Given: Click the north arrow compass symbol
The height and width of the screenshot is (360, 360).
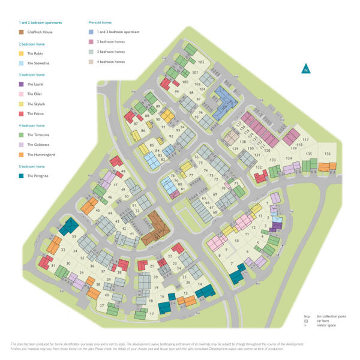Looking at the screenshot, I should click(306, 68).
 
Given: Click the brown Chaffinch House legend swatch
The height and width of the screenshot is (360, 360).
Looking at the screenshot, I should click(21, 32).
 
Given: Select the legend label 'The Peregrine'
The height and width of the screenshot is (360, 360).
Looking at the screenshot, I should click(37, 176).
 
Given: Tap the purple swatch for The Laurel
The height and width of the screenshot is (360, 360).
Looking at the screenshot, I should click(21, 85).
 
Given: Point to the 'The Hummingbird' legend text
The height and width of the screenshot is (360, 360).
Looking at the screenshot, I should click(41, 155).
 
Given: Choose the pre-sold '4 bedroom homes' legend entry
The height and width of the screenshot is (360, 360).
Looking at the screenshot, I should click(111, 62).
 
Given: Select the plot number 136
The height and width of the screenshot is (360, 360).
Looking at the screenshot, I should click(327, 154).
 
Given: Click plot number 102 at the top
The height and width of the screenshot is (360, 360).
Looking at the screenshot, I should click(201, 62).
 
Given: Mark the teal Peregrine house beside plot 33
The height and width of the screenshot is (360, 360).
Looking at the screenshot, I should click(70, 226).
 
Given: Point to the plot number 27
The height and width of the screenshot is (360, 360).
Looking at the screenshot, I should click(102, 306).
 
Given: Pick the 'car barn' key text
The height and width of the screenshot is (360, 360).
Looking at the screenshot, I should click(322, 321).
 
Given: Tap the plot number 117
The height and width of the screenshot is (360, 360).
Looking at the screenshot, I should click(305, 140).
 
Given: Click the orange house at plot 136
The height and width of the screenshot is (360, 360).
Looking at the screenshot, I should click(331, 166).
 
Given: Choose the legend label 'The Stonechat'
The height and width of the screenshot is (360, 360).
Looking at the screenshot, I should click(38, 62).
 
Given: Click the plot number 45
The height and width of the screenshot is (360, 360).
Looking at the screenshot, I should click(98, 211).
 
